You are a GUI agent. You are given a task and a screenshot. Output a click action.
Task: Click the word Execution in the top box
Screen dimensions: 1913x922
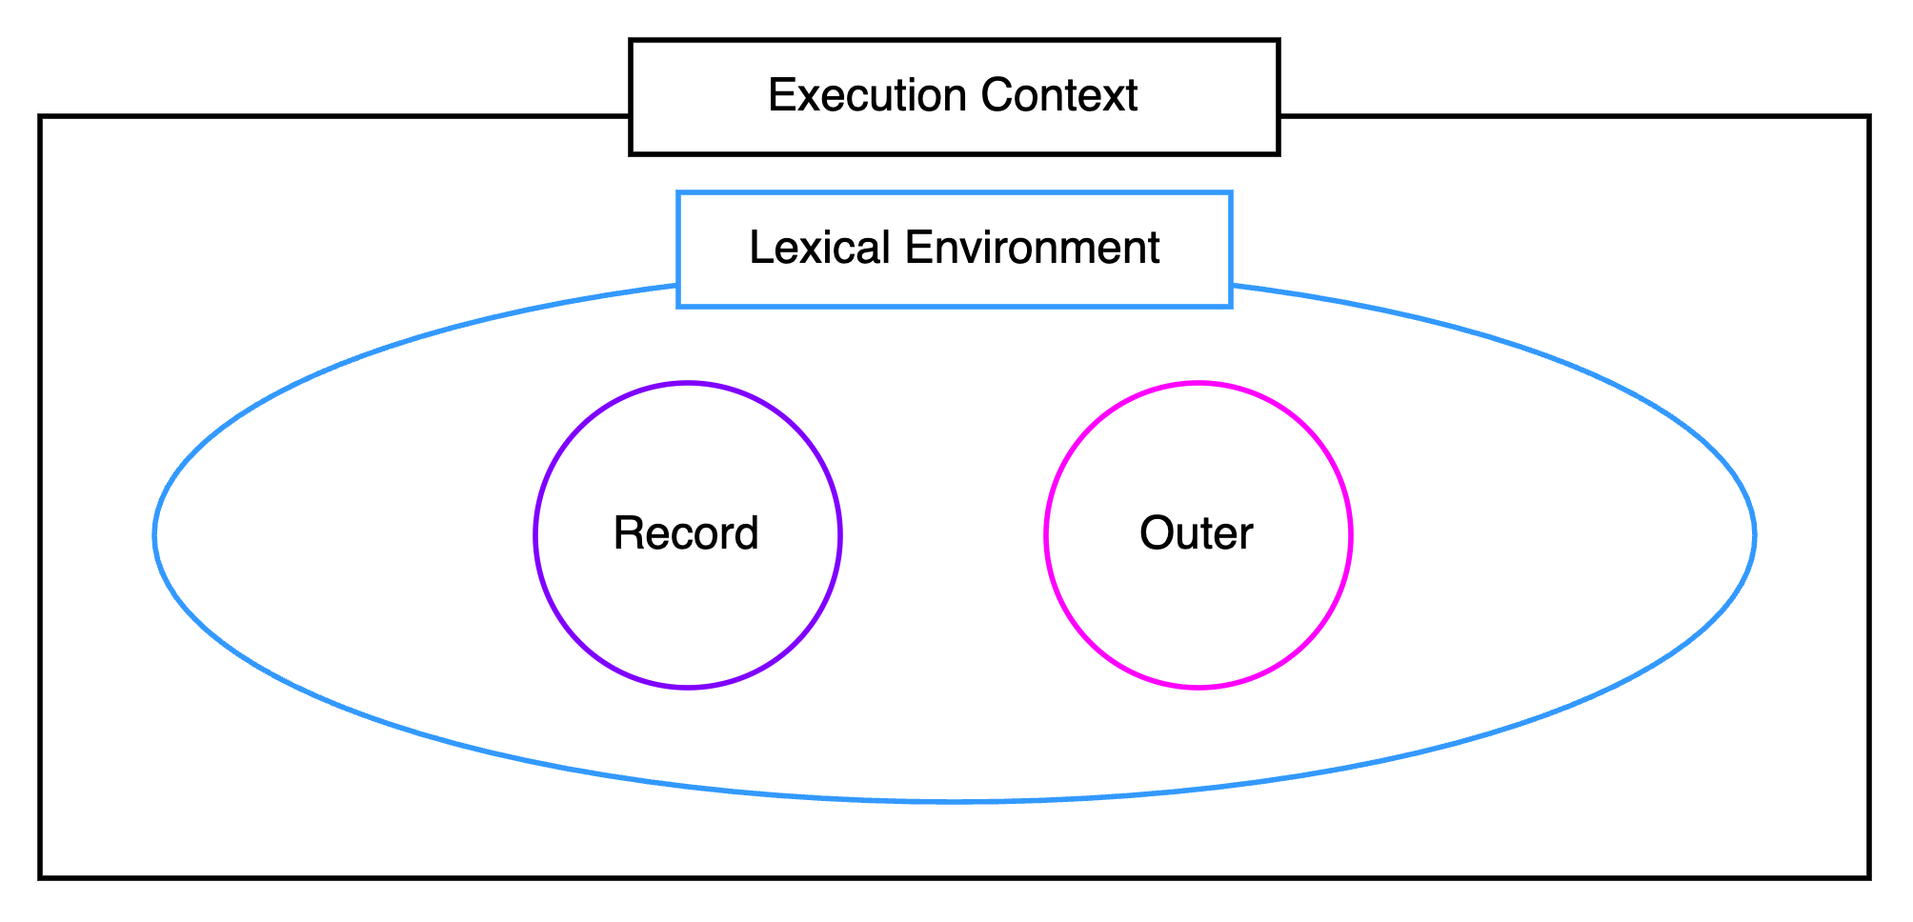pyautogui.click(x=868, y=95)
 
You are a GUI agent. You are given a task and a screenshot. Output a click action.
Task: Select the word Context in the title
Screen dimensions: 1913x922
pyautogui.click(x=1059, y=95)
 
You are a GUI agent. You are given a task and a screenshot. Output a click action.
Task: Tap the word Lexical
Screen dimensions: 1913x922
pyautogui.click(x=820, y=248)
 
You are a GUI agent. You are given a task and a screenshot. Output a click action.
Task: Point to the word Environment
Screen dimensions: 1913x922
pyautogui.click(x=1033, y=248)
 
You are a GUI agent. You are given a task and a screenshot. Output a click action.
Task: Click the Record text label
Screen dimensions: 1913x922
pyautogui.click(x=686, y=533)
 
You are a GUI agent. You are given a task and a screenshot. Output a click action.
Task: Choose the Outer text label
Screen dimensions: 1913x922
pyautogui.click(x=1197, y=533)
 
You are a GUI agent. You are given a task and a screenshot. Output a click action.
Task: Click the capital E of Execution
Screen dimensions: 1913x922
pyautogui.click(x=782, y=95)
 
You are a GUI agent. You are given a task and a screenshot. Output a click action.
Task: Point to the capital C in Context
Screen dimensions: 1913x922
pyautogui.click(x=997, y=95)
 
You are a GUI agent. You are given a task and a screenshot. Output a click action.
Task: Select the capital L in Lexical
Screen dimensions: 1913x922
pyautogui.click(x=761, y=248)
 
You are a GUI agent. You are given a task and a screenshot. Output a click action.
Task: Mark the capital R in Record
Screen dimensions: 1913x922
pyautogui.click(x=629, y=533)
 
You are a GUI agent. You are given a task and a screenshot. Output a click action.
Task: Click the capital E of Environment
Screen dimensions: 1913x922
pyautogui.click(x=918, y=248)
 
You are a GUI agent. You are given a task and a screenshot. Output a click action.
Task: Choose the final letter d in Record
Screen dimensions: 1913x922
pyautogui.click(x=746, y=533)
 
